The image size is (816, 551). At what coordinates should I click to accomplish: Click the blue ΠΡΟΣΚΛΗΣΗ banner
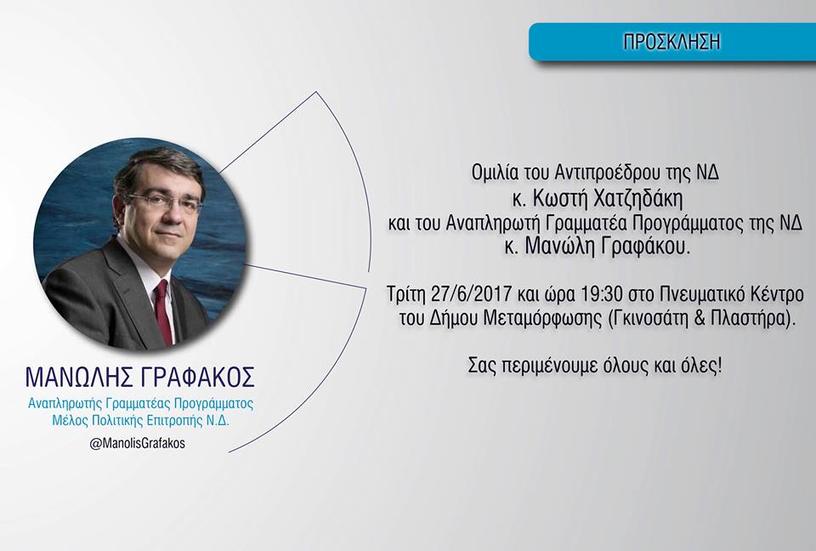672,42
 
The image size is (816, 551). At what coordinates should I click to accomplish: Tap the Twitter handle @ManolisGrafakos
138,444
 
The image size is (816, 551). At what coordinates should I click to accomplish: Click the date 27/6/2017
472,294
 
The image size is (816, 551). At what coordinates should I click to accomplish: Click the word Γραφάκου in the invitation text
645,246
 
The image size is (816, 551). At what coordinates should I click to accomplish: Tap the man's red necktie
163,312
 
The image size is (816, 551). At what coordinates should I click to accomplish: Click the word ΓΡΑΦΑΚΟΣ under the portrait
198,378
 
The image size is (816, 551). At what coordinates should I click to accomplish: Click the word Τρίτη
407,295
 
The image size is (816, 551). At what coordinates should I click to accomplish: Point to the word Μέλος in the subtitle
70,420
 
